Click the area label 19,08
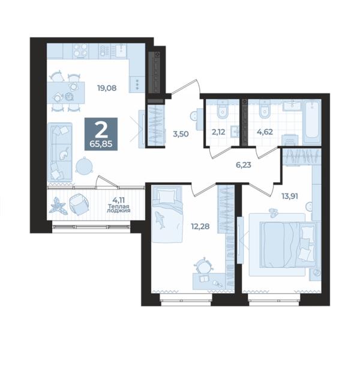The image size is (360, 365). (x=107, y=88)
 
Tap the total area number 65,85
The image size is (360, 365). (x=101, y=144)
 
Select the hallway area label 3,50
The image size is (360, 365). (x=181, y=134)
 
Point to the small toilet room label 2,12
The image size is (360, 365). (x=218, y=132)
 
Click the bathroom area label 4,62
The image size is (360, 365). (x=265, y=132)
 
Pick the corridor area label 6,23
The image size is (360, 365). (x=244, y=165)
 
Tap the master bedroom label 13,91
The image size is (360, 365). (x=290, y=196)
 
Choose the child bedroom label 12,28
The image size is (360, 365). (x=200, y=226)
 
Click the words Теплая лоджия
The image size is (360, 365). (x=118, y=209)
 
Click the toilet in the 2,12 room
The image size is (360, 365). (x=223, y=110)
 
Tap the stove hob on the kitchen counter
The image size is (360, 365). (x=80, y=51)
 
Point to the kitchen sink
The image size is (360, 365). (x=121, y=51)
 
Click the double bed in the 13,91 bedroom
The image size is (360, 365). (x=288, y=245)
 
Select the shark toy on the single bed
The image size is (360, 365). (x=160, y=219)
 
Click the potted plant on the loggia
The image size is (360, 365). (x=58, y=206)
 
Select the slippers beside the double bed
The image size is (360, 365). (x=272, y=213)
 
